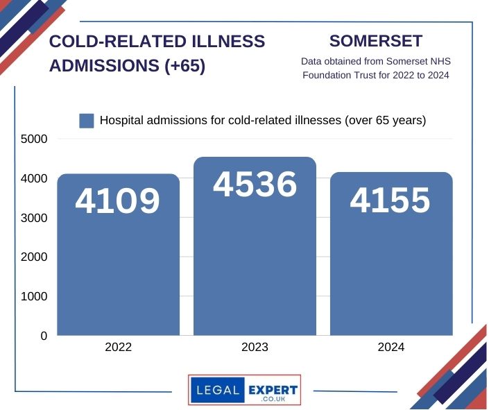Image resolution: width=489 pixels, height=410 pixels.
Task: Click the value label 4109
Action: coord(118,201)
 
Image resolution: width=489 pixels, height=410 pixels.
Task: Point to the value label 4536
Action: coord(255,185)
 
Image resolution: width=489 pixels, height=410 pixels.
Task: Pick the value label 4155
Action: coord(391,200)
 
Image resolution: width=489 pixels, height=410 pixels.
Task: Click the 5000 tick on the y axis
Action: coord(34,139)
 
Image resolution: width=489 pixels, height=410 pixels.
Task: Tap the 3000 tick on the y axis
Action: coord(34,218)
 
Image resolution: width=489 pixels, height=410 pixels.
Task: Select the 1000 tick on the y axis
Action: coord(34,296)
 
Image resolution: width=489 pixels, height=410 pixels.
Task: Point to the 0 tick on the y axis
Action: coord(44,336)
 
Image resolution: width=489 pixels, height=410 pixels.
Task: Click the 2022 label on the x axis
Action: coord(118,348)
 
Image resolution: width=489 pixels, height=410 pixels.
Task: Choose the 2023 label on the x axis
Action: coord(255,348)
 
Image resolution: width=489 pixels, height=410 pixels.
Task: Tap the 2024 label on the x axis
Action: coord(391,348)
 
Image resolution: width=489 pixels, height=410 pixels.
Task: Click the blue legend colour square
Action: coord(87,121)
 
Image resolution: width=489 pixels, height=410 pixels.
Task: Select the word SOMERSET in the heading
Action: coord(376,41)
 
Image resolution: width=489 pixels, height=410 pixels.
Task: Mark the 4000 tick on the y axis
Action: coord(34,178)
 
